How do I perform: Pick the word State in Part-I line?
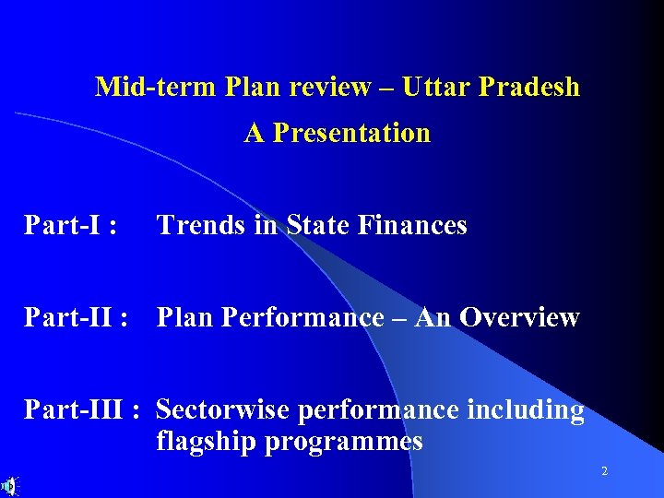point(317,225)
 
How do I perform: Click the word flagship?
point(206,442)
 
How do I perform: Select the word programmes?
point(343,442)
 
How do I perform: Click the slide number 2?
point(604,471)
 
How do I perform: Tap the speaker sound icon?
point(9,485)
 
